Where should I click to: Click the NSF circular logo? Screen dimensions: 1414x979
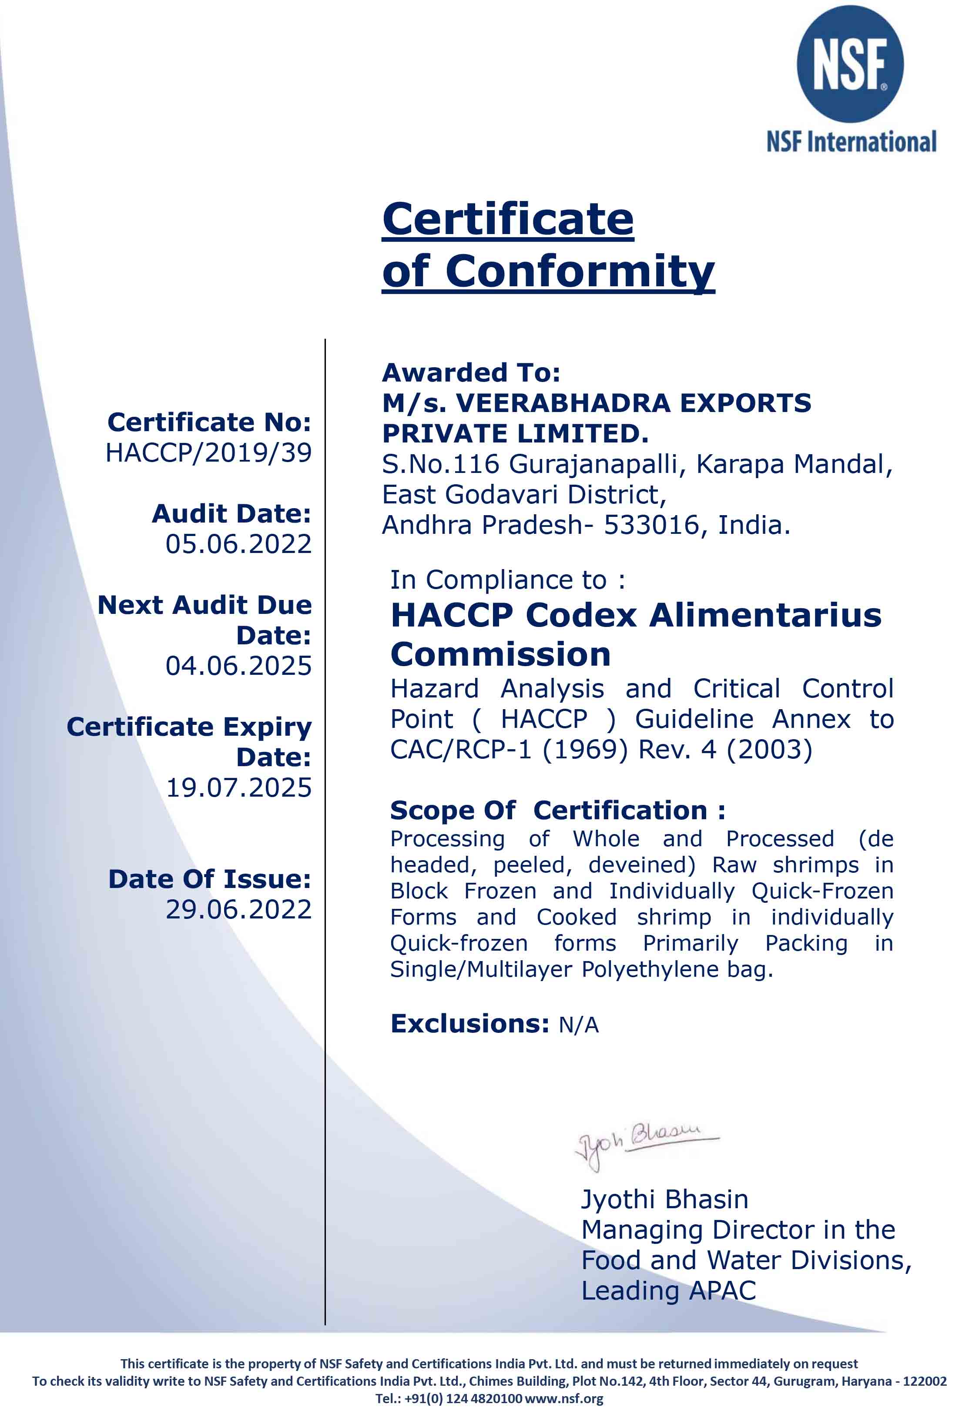coord(850,64)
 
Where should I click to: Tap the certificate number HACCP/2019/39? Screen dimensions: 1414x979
coord(208,452)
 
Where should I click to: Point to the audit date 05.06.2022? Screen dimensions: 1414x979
coord(238,544)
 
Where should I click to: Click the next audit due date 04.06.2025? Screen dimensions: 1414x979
coord(238,666)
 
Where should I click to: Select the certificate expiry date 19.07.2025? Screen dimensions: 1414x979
coord(238,788)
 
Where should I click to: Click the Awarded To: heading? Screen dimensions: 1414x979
coord(471,372)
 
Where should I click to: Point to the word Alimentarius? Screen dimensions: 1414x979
coord(765,615)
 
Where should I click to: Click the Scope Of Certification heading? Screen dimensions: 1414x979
coord(557,811)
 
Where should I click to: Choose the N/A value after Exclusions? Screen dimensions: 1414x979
coord(578,1025)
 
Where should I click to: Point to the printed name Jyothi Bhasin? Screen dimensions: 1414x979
coord(664,1200)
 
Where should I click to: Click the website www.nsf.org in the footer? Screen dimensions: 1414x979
coord(564,1399)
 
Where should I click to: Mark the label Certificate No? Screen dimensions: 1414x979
coord(209,422)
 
